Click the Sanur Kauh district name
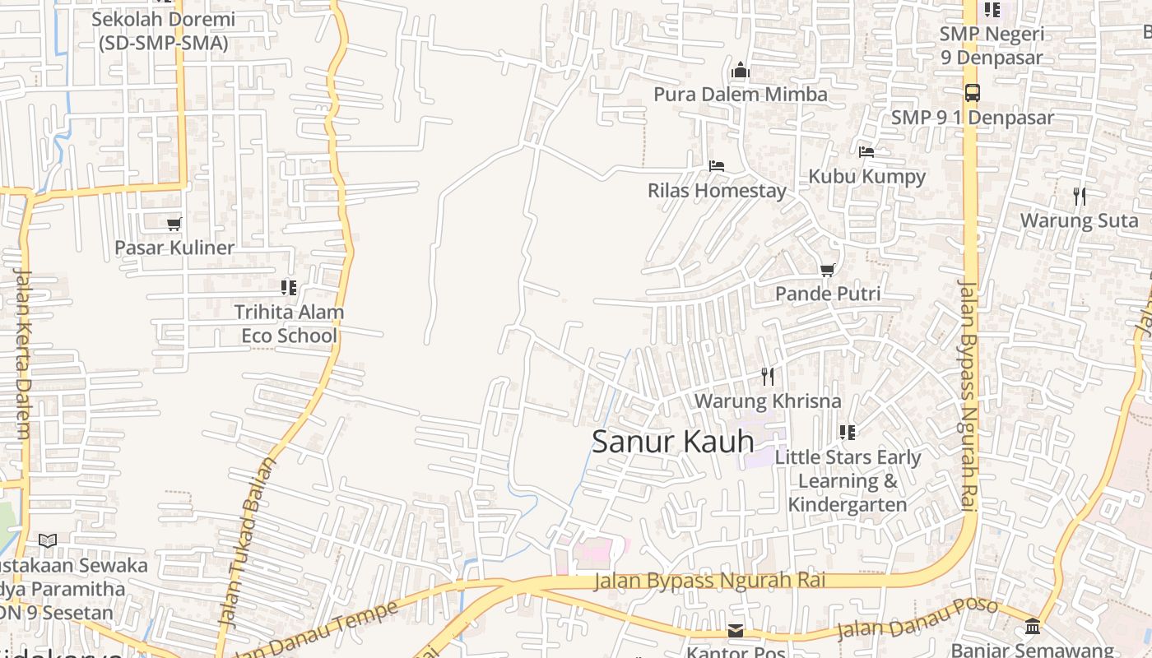pos(673,442)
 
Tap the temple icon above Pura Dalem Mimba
pos(741,71)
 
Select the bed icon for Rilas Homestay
pos(717,166)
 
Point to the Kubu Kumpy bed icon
pos(866,152)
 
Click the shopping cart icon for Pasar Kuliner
pos(174,224)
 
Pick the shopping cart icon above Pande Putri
pos(828,270)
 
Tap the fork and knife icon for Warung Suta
pos(1080,197)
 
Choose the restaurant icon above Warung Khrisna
pos(768,377)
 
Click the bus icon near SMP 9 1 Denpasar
pos(972,93)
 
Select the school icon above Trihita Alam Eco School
pos(289,288)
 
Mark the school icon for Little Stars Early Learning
pos(848,433)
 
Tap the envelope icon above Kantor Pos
pos(736,631)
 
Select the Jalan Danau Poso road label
pos(917,619)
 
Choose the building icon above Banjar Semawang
pos(1033,628)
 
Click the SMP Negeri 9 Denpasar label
pos(992,45)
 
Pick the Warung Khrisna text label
pos(768,401)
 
